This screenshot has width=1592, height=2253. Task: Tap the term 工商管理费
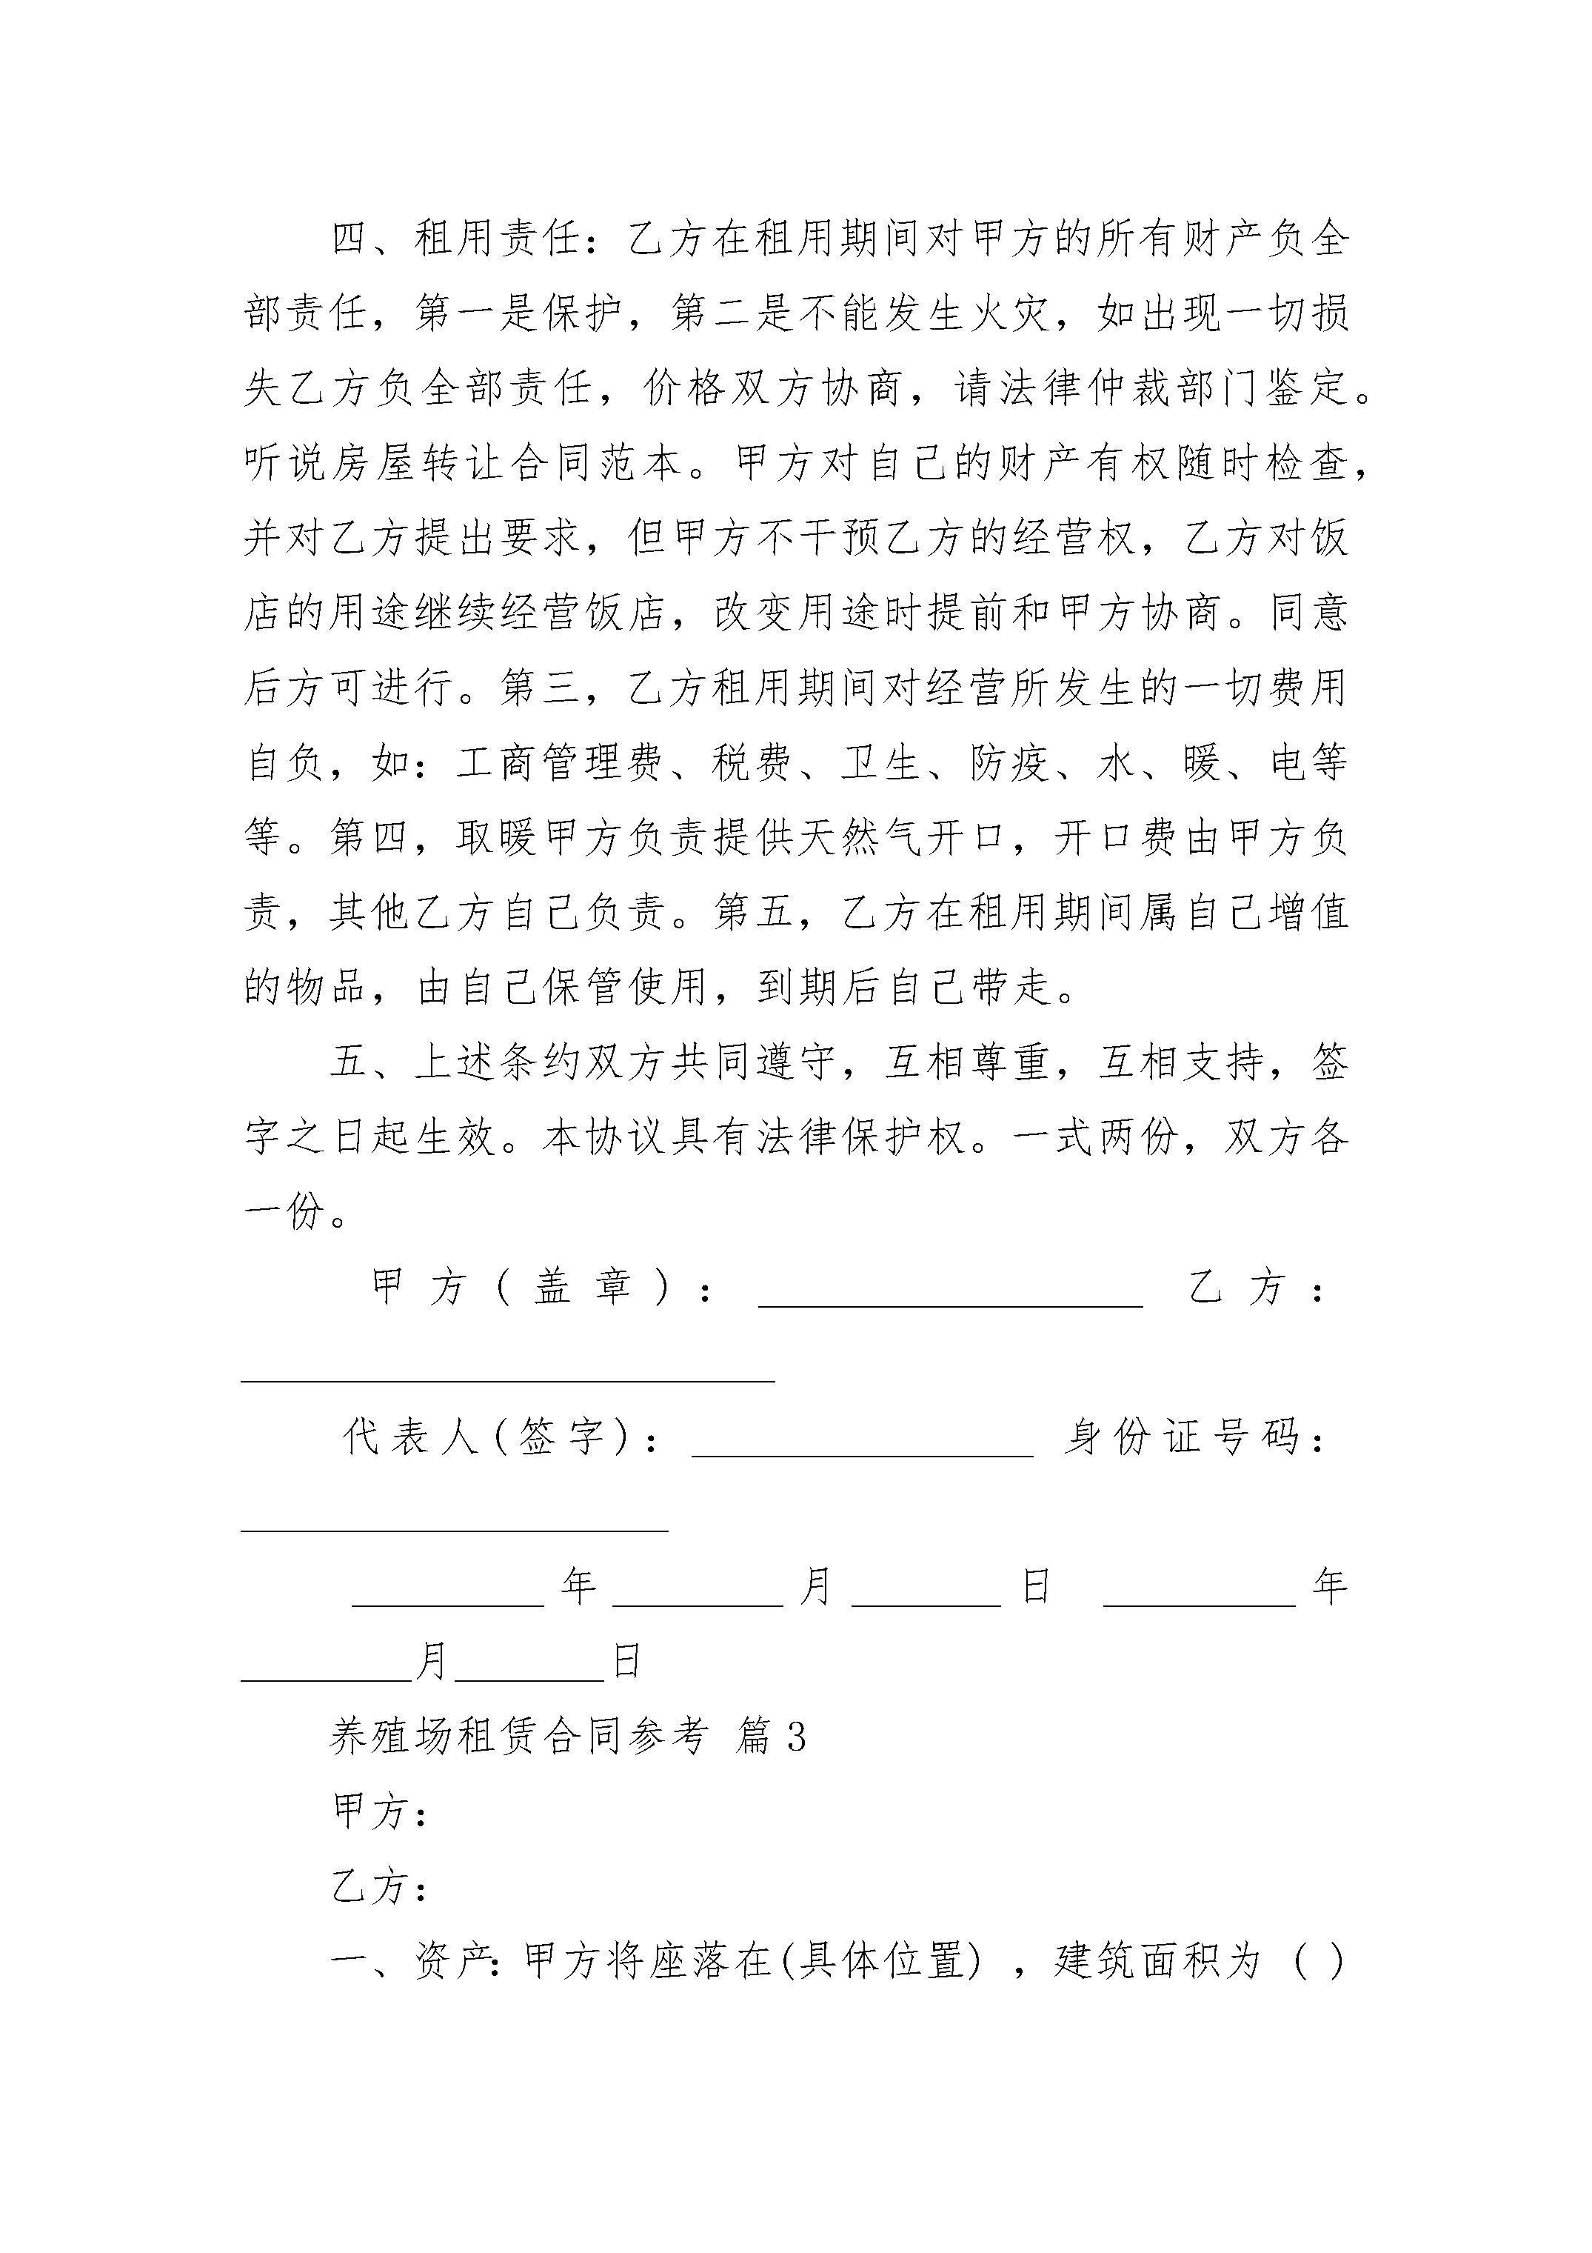click(558, 762)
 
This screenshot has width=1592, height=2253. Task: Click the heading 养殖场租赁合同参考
click(518, 1738)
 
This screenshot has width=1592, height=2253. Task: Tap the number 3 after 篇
click(797, 1739)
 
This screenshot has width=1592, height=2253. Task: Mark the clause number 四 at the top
click(350, 239)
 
